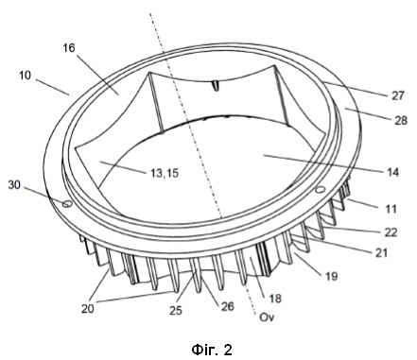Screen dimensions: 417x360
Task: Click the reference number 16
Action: [x=69, y=48]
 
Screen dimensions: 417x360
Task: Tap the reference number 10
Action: [x=25, y=76]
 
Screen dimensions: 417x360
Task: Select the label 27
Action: [x=398, y=95]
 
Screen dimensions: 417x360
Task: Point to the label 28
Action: [x=401, y=120]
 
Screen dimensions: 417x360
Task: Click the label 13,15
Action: [x=164, y=173]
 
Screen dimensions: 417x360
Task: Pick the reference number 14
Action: [x=391, y=172]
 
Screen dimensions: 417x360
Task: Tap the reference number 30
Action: [x=14, y=185]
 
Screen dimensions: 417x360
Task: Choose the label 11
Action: [x=391, y=209]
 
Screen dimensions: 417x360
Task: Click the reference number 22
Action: [x=391, y=232]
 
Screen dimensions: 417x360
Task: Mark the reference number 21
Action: [x=381, y=252]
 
